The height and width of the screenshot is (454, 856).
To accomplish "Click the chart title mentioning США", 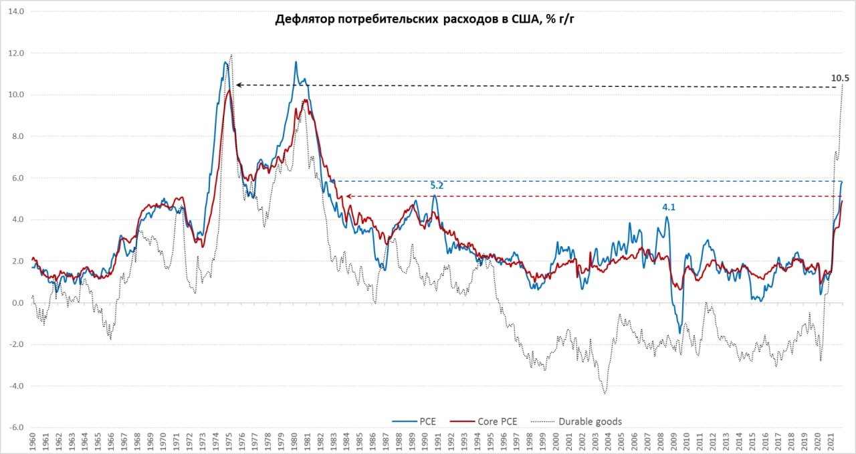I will coord(425,19).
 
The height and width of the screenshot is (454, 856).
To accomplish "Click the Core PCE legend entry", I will coord(498,421).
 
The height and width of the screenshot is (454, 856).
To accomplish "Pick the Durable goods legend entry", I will coord(590,421).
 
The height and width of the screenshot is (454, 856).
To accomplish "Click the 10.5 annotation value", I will coord(840,78).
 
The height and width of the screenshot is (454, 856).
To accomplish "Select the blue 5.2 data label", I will coord(437,185).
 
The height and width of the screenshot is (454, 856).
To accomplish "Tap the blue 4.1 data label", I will coord(669,207).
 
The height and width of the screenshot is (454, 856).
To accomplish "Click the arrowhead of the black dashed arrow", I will coord(237,85).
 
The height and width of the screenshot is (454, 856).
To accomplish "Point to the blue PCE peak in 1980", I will coord(296,62).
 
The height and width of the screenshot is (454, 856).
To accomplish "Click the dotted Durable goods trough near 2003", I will coord(605,393).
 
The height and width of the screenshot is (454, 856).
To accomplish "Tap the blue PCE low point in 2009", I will coord(679,332).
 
